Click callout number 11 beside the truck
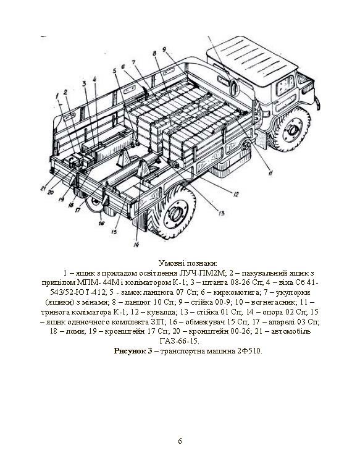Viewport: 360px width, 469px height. [270, 172]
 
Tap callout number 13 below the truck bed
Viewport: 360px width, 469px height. [221, 213]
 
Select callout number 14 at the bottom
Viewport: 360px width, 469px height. [136, 245]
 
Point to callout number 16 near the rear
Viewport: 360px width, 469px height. [101, 223]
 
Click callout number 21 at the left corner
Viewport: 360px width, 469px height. [44, 188]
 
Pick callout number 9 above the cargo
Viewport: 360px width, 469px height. [164, 49]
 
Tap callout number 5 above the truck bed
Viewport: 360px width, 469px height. [114, 71]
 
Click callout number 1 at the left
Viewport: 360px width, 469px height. [57, 95]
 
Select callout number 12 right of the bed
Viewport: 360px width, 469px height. [236, 195]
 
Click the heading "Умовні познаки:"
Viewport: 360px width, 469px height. [189, 263]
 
